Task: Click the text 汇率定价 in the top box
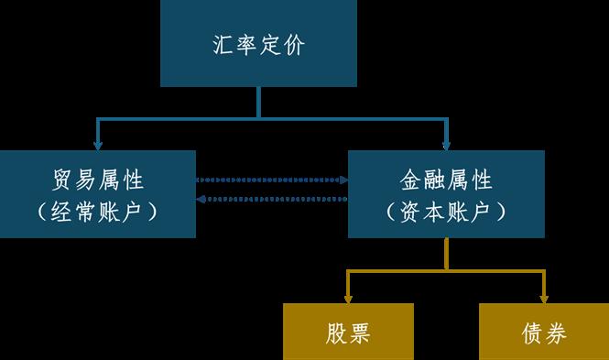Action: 258,45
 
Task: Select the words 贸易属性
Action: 98,180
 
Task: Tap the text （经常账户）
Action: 97,212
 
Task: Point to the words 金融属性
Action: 446,180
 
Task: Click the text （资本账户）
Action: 446,212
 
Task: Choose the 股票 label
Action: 348,333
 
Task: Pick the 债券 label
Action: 544,333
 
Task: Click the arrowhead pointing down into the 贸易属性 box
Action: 98,146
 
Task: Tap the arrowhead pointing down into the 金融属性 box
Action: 446,146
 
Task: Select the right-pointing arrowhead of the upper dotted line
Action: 343,180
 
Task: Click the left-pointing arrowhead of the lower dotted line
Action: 201,199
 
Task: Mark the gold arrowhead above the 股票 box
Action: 348,299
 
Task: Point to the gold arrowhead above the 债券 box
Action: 544,299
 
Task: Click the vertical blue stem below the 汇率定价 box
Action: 258,102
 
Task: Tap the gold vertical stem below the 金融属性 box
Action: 446,254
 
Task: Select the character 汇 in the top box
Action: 223,45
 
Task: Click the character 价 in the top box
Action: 294,45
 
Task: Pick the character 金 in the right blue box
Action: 411,180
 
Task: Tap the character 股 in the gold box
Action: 336,333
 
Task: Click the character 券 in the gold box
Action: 555,333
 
